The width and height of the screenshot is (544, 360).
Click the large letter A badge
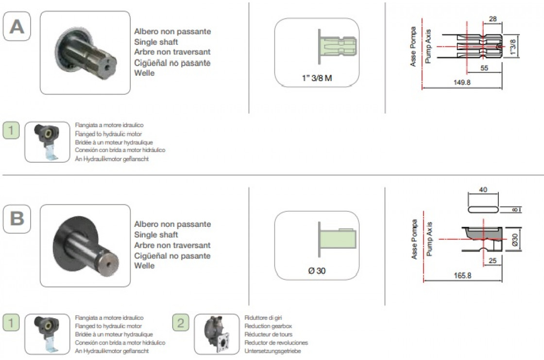coord(17,26)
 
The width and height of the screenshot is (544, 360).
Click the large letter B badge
coord(17,218)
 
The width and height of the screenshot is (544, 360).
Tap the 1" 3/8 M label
coord(316,78)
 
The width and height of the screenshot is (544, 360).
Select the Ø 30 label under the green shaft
coord(317,271)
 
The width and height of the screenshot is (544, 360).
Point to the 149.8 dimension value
coord(462,83)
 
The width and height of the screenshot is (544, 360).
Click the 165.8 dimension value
coord(462,275)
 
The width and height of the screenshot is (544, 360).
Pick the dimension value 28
coord(493,19)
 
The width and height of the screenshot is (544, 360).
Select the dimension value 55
coord(484,68)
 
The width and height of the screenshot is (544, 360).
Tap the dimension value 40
coord(482,190)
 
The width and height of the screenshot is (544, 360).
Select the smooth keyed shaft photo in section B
coord(85,245)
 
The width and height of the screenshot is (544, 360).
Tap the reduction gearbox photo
coord(217,334)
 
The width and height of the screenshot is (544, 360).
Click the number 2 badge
coord(181,323)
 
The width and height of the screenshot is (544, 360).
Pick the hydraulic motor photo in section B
coord(47,334)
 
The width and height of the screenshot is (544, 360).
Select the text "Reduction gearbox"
coord(268,326)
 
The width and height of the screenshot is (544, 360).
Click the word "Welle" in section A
coord(144,73)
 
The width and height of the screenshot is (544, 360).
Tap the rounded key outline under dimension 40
coord(482,208)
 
